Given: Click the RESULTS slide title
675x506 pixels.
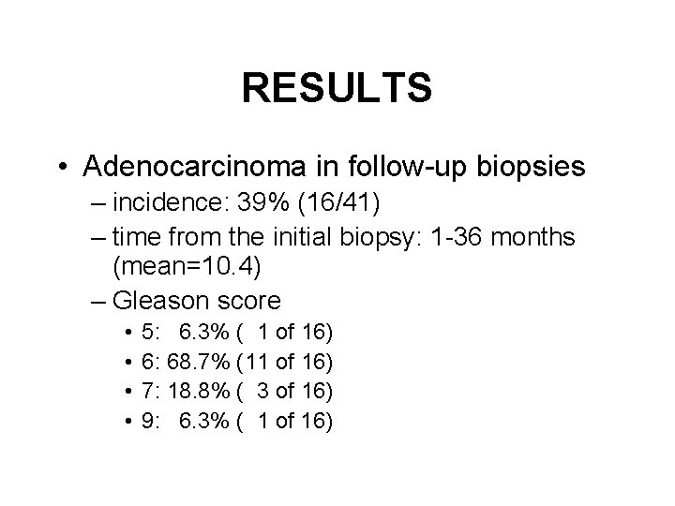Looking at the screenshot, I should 337,89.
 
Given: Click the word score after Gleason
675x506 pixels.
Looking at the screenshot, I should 247,301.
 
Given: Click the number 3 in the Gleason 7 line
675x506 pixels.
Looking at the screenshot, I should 264,391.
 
